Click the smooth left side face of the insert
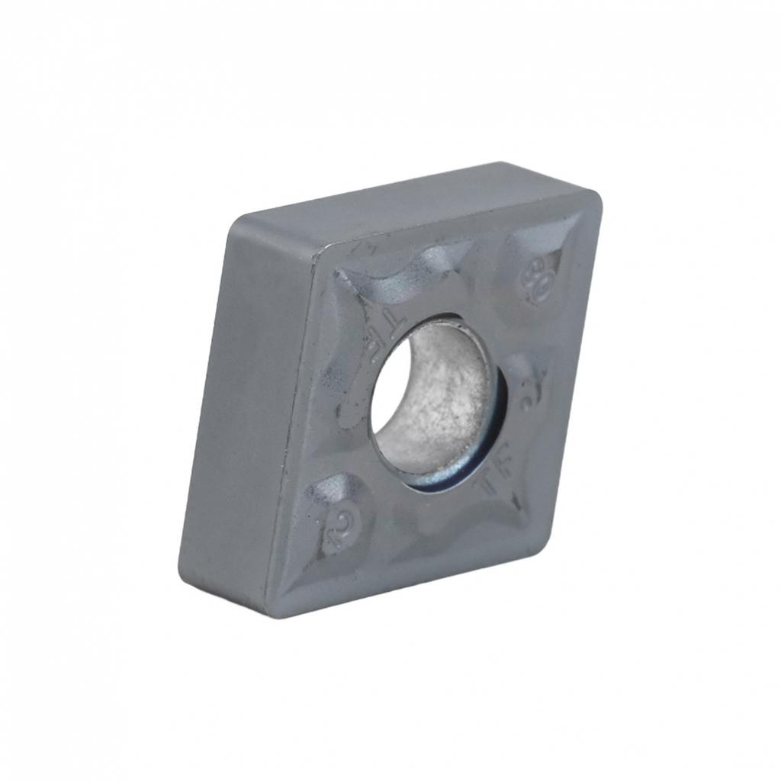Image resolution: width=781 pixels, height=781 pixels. [244, 412]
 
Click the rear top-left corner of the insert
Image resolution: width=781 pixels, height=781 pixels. [233, 225]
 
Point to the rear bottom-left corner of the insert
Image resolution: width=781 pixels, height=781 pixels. [181, 568]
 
